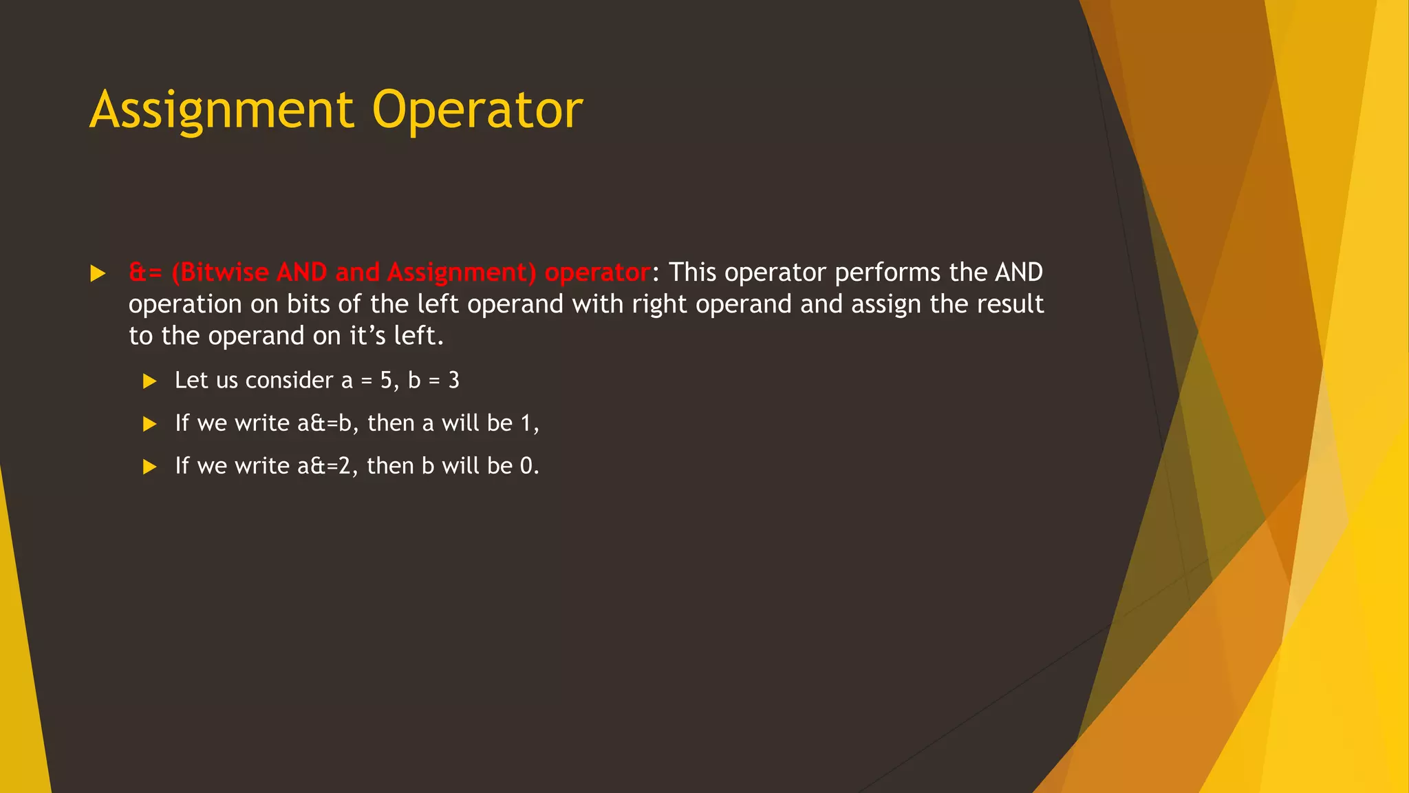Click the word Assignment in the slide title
[222, 110]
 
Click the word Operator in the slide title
[477, 110]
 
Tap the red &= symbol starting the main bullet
[145, 273]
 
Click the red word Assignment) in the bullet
[461, 273]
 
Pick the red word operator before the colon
[596, 273]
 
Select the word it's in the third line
[367, 336]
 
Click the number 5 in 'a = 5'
[387, 381]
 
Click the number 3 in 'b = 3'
[453, 381]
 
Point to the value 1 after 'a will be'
[527, 423]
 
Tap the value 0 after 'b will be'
[527, 466]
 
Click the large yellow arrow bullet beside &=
[98, 274]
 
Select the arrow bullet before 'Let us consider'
[149, 381]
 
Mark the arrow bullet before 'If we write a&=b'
[149, 424]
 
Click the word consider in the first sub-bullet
[289, 381]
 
